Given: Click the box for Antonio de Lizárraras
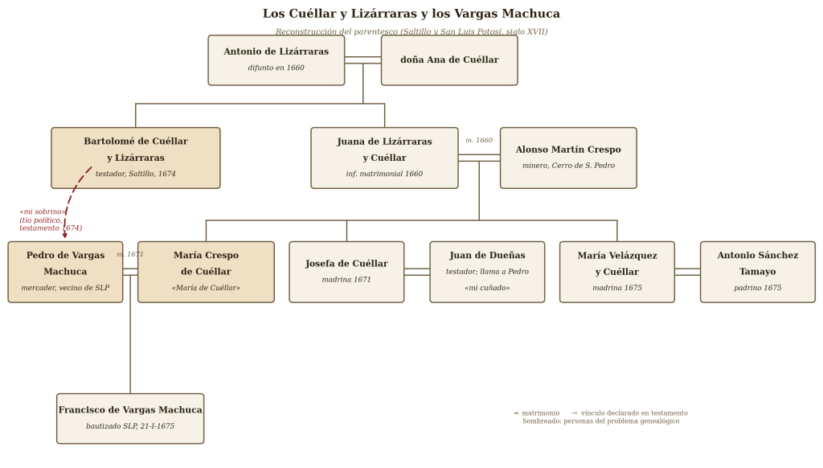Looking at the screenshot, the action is pos(276,60).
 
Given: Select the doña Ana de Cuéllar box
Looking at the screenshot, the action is pos(449,60).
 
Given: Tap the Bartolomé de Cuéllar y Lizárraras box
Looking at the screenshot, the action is pos(135,158).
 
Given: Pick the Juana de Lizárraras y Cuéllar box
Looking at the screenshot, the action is pos(384,158).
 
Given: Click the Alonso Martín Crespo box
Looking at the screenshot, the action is pos(568,158).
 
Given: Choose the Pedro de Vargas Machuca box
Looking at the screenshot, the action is pos(66,272).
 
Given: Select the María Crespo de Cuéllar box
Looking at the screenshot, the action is pos(206,272).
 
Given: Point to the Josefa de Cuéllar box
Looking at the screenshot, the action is pos(346,272).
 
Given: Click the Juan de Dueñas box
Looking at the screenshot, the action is pos(487,272).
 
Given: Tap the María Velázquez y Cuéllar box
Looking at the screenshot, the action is pos(617,272).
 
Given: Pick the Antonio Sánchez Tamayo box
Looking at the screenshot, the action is pos(758,272).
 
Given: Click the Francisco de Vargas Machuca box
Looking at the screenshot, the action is pos(130,419).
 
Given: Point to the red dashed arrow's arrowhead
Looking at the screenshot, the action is pos(65,236).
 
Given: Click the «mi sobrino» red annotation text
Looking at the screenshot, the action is pos(43,211).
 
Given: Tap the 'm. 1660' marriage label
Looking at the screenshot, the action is pos(479,140).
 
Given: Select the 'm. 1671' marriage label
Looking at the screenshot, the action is pos(130,254).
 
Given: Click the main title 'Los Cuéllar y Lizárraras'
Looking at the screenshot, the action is pos(411,14).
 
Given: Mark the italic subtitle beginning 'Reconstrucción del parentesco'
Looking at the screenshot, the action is pos(411,31).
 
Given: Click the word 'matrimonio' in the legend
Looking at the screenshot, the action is pos(541,413).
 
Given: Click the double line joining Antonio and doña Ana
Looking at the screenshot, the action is pos(362,60).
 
